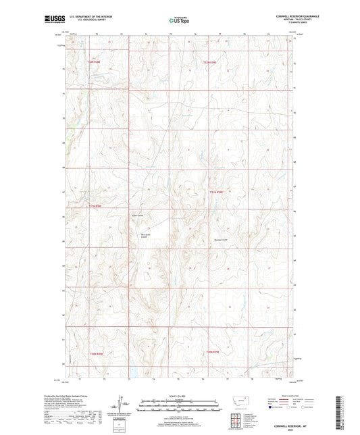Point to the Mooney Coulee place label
coord(221,240)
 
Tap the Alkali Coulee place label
coord(143,236)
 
